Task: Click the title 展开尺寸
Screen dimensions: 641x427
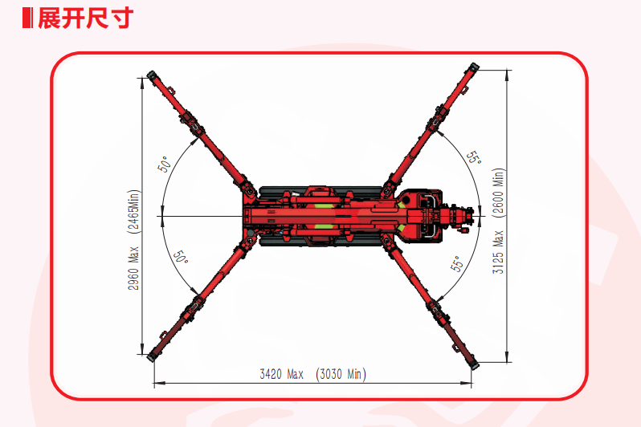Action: pos(85,18)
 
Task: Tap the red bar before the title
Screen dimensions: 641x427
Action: pos(27,18)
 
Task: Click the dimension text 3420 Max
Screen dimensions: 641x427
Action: pos(282,374)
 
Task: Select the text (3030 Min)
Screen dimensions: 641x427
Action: pos(341,374)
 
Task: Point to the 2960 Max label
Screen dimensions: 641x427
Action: pos(133,268)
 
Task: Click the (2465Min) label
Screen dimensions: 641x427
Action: pos(133,212)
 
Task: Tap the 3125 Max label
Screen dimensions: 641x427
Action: pos(498,252)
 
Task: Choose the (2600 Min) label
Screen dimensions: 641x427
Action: pos(498,193)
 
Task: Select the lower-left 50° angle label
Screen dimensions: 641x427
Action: pos(180,257)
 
